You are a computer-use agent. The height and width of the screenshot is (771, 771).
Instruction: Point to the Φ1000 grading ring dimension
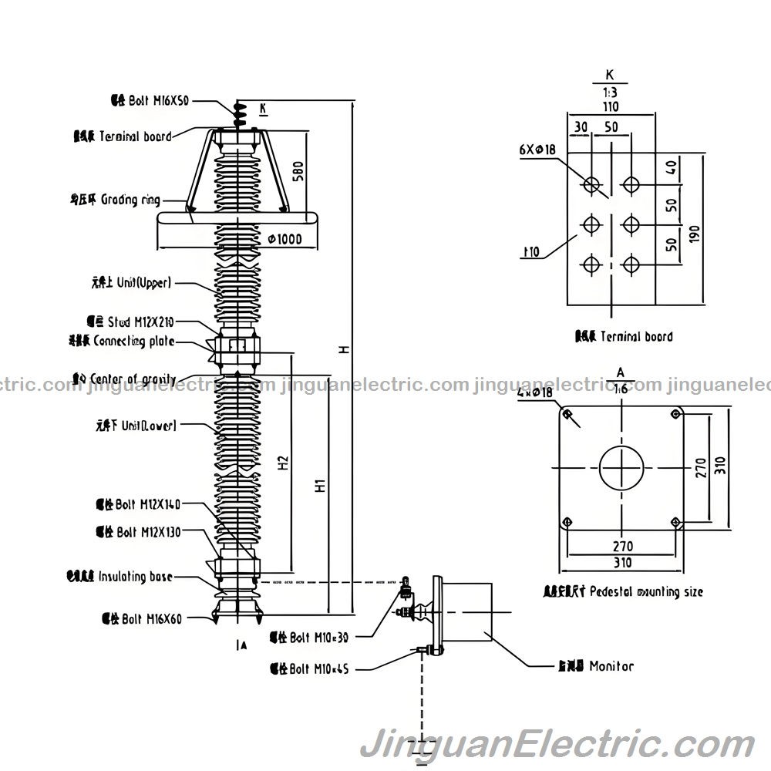pos(284,239)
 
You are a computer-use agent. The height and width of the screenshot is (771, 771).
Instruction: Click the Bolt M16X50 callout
pos(150,100)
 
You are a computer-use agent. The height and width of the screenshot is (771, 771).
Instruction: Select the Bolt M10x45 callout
pos(309,669)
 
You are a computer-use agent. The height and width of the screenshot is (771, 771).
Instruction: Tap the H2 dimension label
pos(283,461)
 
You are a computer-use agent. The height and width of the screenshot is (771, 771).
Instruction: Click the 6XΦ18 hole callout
pos(537,150)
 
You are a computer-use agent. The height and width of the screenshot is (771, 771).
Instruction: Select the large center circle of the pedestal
pos(621,467)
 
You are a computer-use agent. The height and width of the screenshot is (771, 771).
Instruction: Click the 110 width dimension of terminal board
pos(611,106)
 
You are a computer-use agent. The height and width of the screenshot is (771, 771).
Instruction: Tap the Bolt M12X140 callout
pos(139,505)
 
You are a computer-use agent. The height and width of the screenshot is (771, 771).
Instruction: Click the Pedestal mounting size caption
pos(623,592)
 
